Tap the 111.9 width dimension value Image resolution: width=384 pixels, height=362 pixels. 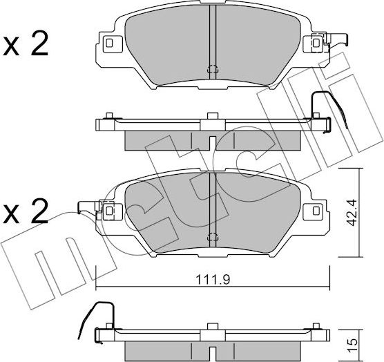[211, 280]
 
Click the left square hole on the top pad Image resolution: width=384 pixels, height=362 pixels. [110, 45]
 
